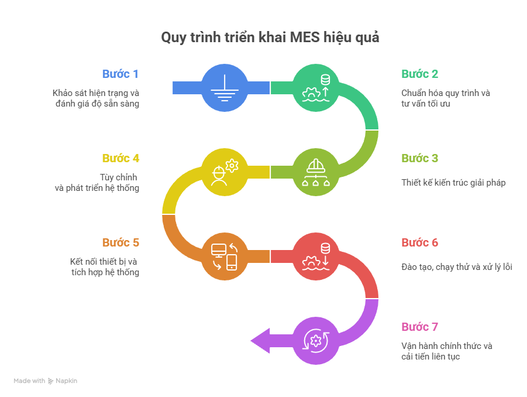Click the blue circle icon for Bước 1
(224, 87)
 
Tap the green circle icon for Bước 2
(315, 87)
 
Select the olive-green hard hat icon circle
(315, 172)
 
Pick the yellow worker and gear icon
(224, 172)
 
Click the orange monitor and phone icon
(224, 256)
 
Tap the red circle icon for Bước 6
(315, 256)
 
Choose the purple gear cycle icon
(315, 340)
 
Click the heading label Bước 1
(120, 74)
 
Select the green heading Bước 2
(419, 74)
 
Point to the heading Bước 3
(419, 158)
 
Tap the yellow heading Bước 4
(120, 158)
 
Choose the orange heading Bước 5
(120, 242)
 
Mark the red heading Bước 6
(419, 242)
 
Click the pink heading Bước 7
(419, 327)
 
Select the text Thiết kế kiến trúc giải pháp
(453, 183)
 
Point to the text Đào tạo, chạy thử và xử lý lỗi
(456, 267)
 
